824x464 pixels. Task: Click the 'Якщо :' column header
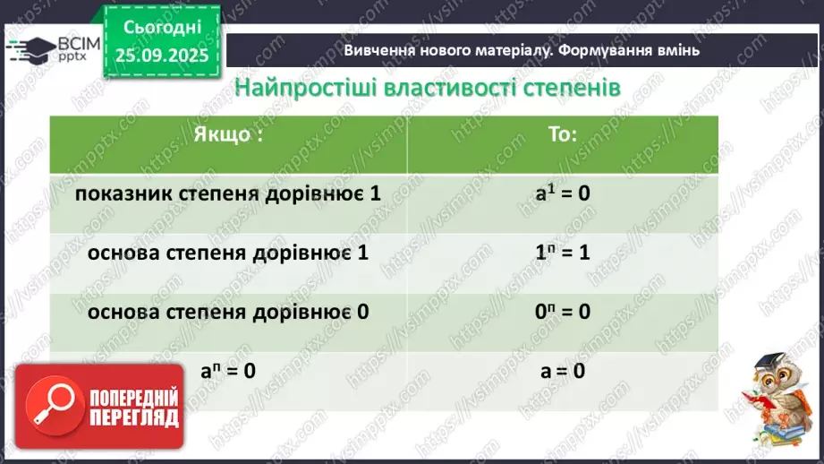coord(229,136)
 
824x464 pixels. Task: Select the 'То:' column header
coord(562,136)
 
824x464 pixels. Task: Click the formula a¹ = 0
coord(562,193)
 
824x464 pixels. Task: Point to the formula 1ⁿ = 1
coord(562,253)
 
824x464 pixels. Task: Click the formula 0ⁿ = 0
coord(562,312)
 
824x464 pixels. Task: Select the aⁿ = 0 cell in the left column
coord(229,369)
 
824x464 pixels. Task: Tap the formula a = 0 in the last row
coord(562,369)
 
